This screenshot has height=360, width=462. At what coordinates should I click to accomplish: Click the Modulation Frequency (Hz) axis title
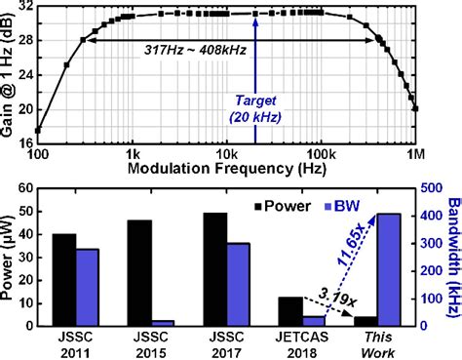click(x=232, y=167)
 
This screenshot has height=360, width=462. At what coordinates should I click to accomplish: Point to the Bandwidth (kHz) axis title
click(x=451, y=254)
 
